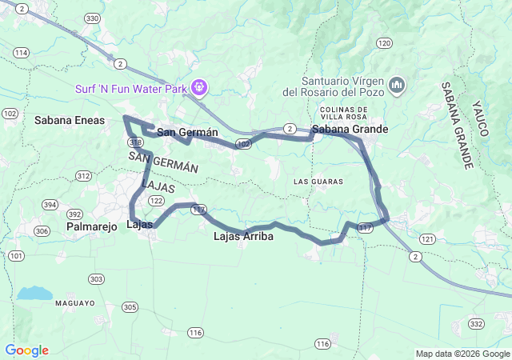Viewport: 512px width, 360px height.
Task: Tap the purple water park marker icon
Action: coord(198,87)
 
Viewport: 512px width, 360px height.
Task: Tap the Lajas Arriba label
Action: coord(244,237)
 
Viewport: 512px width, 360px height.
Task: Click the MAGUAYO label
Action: coord(75,303)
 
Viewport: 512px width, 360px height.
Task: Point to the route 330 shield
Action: coord(93,18)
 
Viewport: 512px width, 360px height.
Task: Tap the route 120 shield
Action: coord(385,43)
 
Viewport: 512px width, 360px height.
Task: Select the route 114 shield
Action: coord(21,53)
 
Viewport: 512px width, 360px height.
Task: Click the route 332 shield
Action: coord(478,324)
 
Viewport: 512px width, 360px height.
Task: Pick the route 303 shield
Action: coord(97,279)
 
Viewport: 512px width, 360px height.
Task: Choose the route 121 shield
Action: coord(427,239)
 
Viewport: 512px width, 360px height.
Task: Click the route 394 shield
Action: coord(50,205)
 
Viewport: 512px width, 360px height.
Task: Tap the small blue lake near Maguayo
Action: coord(34,294)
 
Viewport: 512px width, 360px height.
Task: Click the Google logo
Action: coord(26,350)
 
